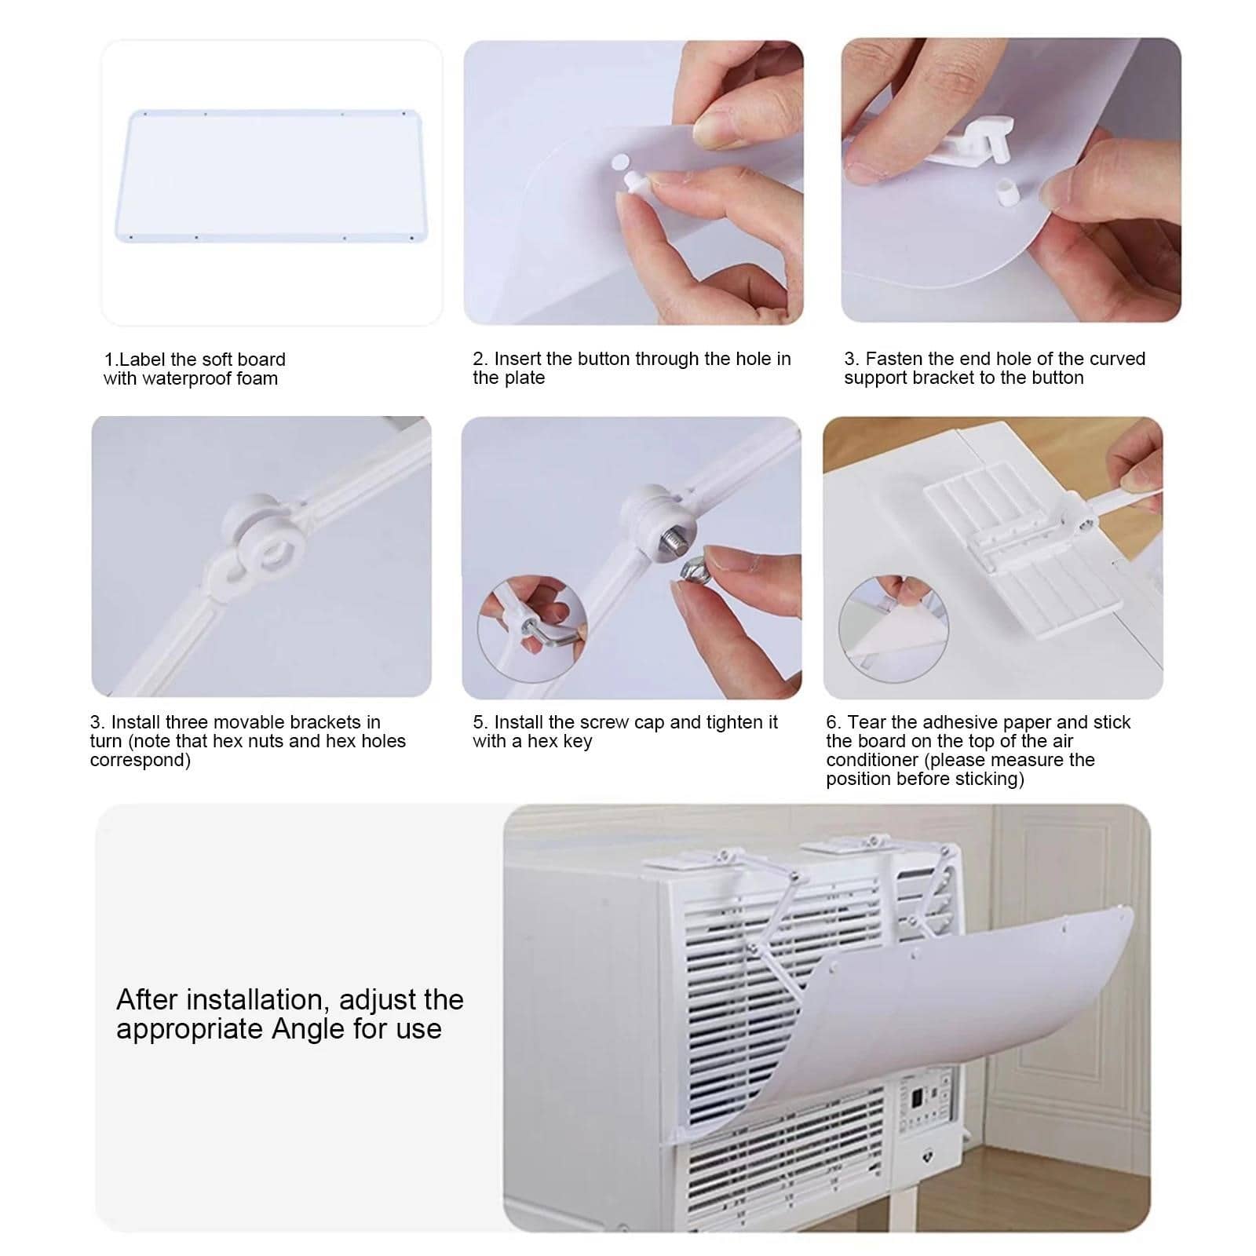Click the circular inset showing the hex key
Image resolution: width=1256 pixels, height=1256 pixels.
pyautogui.click(x=533, y=630)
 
